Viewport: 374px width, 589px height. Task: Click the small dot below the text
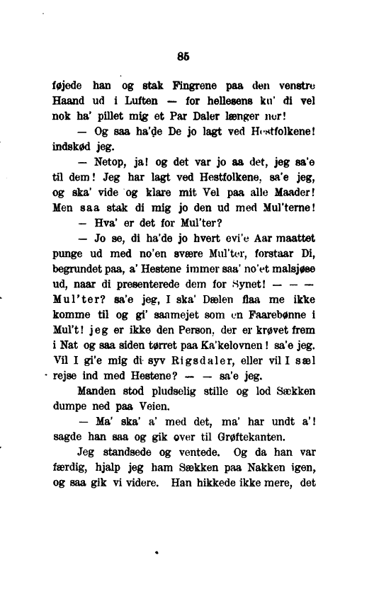155,548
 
